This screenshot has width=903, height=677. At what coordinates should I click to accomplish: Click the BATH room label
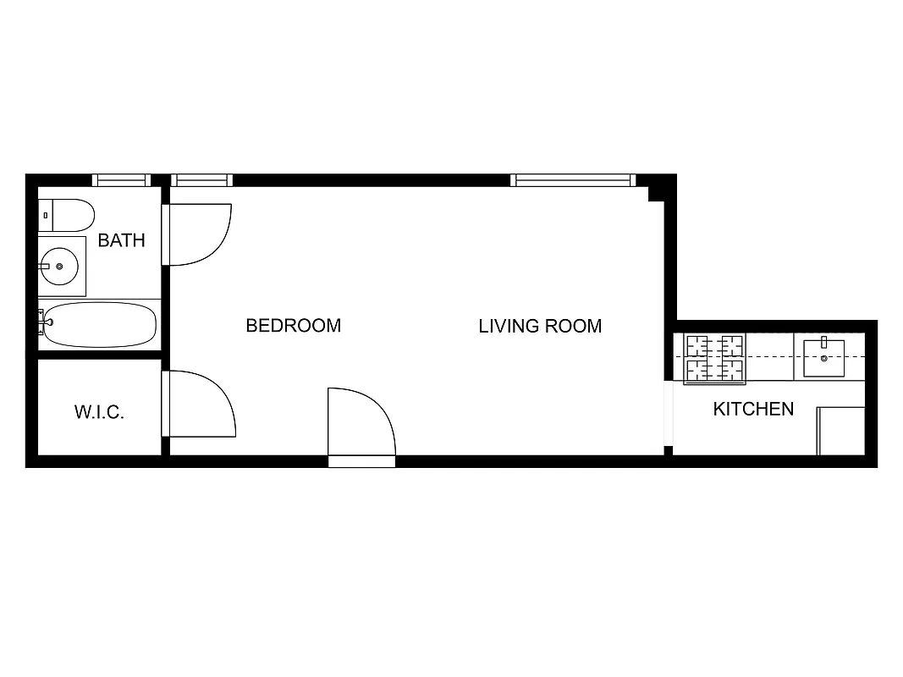point(121,240)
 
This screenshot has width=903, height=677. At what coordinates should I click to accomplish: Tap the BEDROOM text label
point(293,326)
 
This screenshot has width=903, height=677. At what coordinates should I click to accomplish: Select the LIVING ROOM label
point(540,326)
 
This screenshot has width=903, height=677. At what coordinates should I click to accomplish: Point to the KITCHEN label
point(753,410)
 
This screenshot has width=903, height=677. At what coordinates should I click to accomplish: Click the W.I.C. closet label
point(100,413)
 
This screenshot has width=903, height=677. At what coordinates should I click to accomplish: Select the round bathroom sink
point(59,267)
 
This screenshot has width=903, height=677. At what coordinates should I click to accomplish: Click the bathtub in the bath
point(100,325)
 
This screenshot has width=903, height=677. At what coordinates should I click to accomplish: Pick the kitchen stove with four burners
point(714,358)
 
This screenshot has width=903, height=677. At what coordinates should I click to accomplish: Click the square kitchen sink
point(823,358)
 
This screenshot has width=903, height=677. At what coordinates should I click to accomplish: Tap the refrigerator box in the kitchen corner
point(840,431)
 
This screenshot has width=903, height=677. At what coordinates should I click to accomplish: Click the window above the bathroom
point(121,179)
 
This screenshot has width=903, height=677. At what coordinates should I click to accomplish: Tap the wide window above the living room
point(573,179)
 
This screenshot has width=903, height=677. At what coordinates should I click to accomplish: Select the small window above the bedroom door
point(201,179)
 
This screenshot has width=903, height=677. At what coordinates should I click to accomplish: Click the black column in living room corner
point(655,193)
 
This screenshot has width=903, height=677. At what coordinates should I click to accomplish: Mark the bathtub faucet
point(42,321)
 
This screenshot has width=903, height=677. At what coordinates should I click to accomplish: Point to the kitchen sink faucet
point(823,343)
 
